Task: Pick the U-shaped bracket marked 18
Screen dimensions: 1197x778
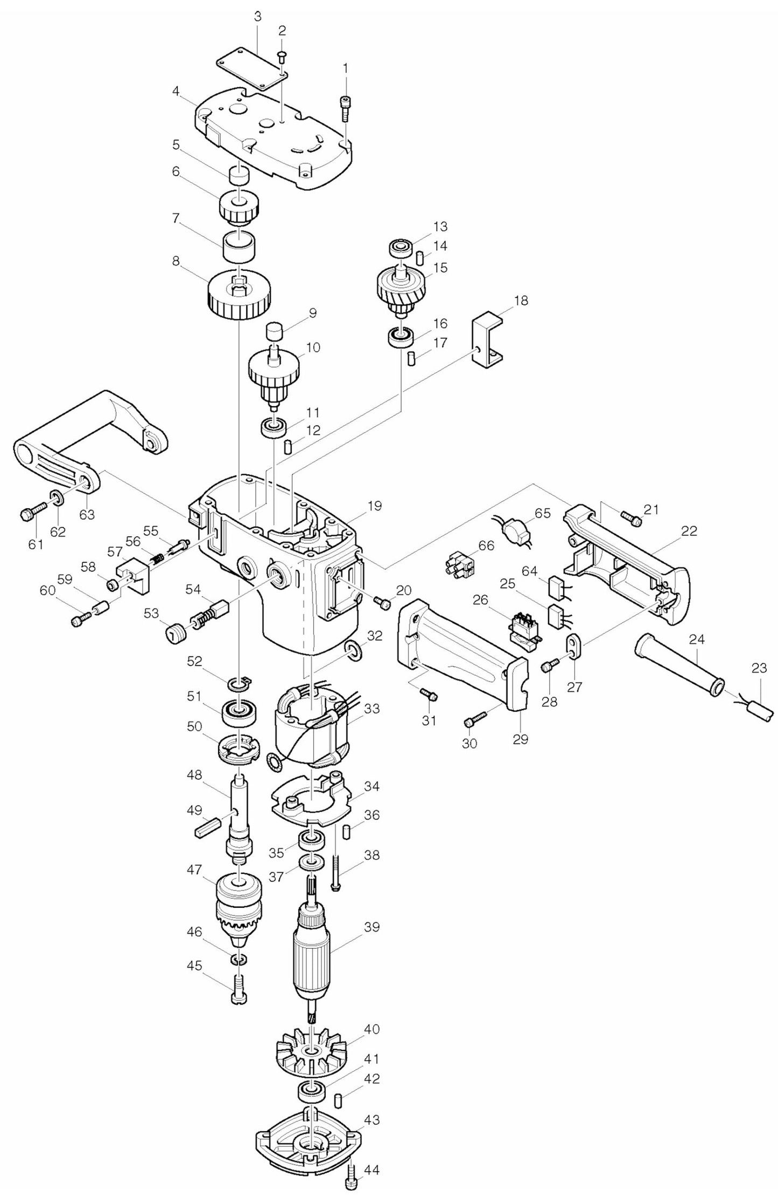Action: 487,343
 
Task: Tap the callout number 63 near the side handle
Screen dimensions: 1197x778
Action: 87,514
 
